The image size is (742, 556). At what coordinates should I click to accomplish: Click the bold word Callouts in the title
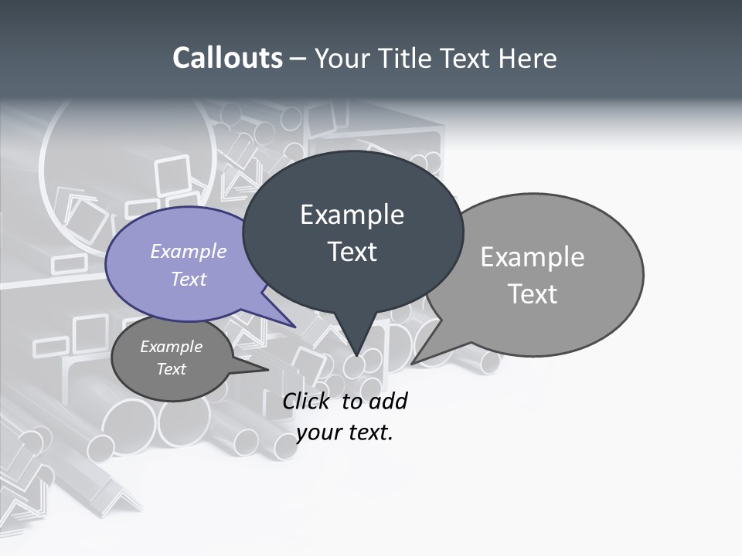point(228,58)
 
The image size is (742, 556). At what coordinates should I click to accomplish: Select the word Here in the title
point(529,58)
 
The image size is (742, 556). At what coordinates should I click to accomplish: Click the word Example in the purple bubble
point(189,251)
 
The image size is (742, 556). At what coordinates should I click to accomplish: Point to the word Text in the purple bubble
point(189,279)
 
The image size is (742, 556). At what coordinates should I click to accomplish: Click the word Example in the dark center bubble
point(352,215)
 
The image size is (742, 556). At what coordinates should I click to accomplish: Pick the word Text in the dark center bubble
point(352,252)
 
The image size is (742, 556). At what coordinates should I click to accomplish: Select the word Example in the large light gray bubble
point(533,257)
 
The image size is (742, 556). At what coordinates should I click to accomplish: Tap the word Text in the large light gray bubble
point(533,294)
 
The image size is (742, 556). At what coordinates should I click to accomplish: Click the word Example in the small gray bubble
point(172,347)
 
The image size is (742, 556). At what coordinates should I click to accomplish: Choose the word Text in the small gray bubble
point(172,369)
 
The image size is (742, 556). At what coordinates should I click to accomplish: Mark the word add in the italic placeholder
point(388,401)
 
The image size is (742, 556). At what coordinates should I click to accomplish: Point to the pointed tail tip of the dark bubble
point(356,356)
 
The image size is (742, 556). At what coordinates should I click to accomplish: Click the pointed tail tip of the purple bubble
point(295,327)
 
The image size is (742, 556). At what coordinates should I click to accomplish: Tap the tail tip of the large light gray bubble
point(412,364)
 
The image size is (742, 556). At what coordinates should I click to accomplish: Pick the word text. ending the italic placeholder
point(370,432)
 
